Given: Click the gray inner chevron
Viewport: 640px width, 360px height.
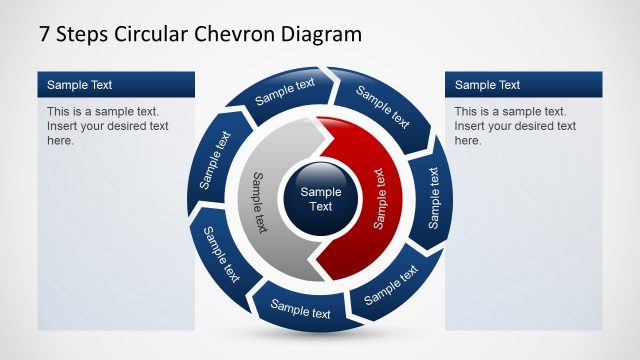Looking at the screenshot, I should coord(262,200).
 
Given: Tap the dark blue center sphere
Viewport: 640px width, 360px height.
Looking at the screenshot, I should coord(320,198).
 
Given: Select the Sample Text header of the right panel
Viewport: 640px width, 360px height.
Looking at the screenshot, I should coord(487,85).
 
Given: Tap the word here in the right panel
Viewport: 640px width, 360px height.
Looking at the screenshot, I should coord(469,140).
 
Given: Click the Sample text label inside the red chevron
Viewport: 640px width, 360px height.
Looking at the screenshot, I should coord(379,198).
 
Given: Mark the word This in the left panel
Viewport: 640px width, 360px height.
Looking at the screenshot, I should coord(59,112).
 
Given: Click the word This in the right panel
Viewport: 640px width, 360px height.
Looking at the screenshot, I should coord(466,112).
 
